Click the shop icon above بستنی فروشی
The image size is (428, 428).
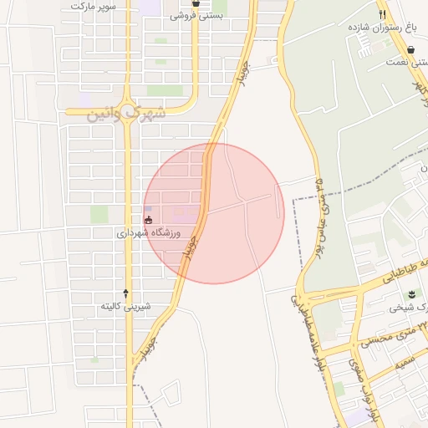(196, 3)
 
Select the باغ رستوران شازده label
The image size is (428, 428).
(384, 27)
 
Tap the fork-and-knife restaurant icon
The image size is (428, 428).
(382, 13)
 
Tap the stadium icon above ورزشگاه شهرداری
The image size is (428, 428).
(149, 220)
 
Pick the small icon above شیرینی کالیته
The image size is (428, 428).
(126, 293)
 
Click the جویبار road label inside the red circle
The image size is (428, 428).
(192, 246)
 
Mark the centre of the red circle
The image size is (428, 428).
(214, 214)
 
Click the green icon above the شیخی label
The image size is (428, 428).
(411, 294)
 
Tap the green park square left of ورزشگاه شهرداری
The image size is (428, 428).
(99, 214)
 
